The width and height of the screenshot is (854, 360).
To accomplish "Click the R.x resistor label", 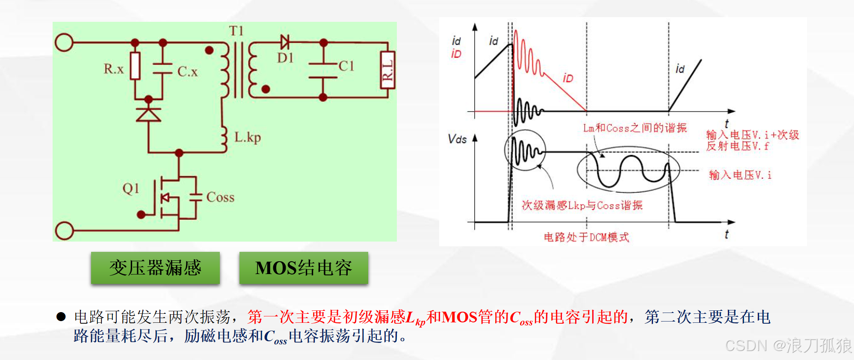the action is (113, 69).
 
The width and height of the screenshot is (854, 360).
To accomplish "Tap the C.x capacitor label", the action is (188, 71).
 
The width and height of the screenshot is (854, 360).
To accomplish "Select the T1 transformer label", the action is (236, 31).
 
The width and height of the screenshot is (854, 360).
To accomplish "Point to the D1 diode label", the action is (285, 58).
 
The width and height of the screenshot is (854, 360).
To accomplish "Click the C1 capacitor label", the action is (346, 66).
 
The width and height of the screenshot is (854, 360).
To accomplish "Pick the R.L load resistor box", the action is (387, 70).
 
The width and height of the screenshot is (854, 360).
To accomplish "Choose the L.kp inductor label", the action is (248, 137).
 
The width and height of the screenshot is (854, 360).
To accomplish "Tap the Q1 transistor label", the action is (131, 188).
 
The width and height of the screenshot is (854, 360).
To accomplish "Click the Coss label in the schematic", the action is (220, 197).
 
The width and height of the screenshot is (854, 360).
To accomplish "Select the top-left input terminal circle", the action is (64, 43).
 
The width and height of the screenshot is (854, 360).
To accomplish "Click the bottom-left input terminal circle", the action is (64, 231).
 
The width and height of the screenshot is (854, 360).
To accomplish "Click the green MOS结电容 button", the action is (304, 268).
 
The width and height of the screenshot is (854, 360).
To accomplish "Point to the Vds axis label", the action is (457, 139).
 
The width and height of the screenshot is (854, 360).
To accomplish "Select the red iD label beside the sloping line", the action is (568, 78).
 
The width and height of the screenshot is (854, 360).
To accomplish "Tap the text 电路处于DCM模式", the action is (586, 237).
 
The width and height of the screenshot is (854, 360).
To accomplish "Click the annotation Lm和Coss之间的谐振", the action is (635, 128).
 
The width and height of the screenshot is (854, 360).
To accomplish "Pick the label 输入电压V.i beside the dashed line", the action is (740, 175).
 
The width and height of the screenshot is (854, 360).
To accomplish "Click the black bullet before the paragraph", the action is (61, 317).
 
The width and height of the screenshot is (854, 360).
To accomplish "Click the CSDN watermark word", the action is (746, 345).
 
